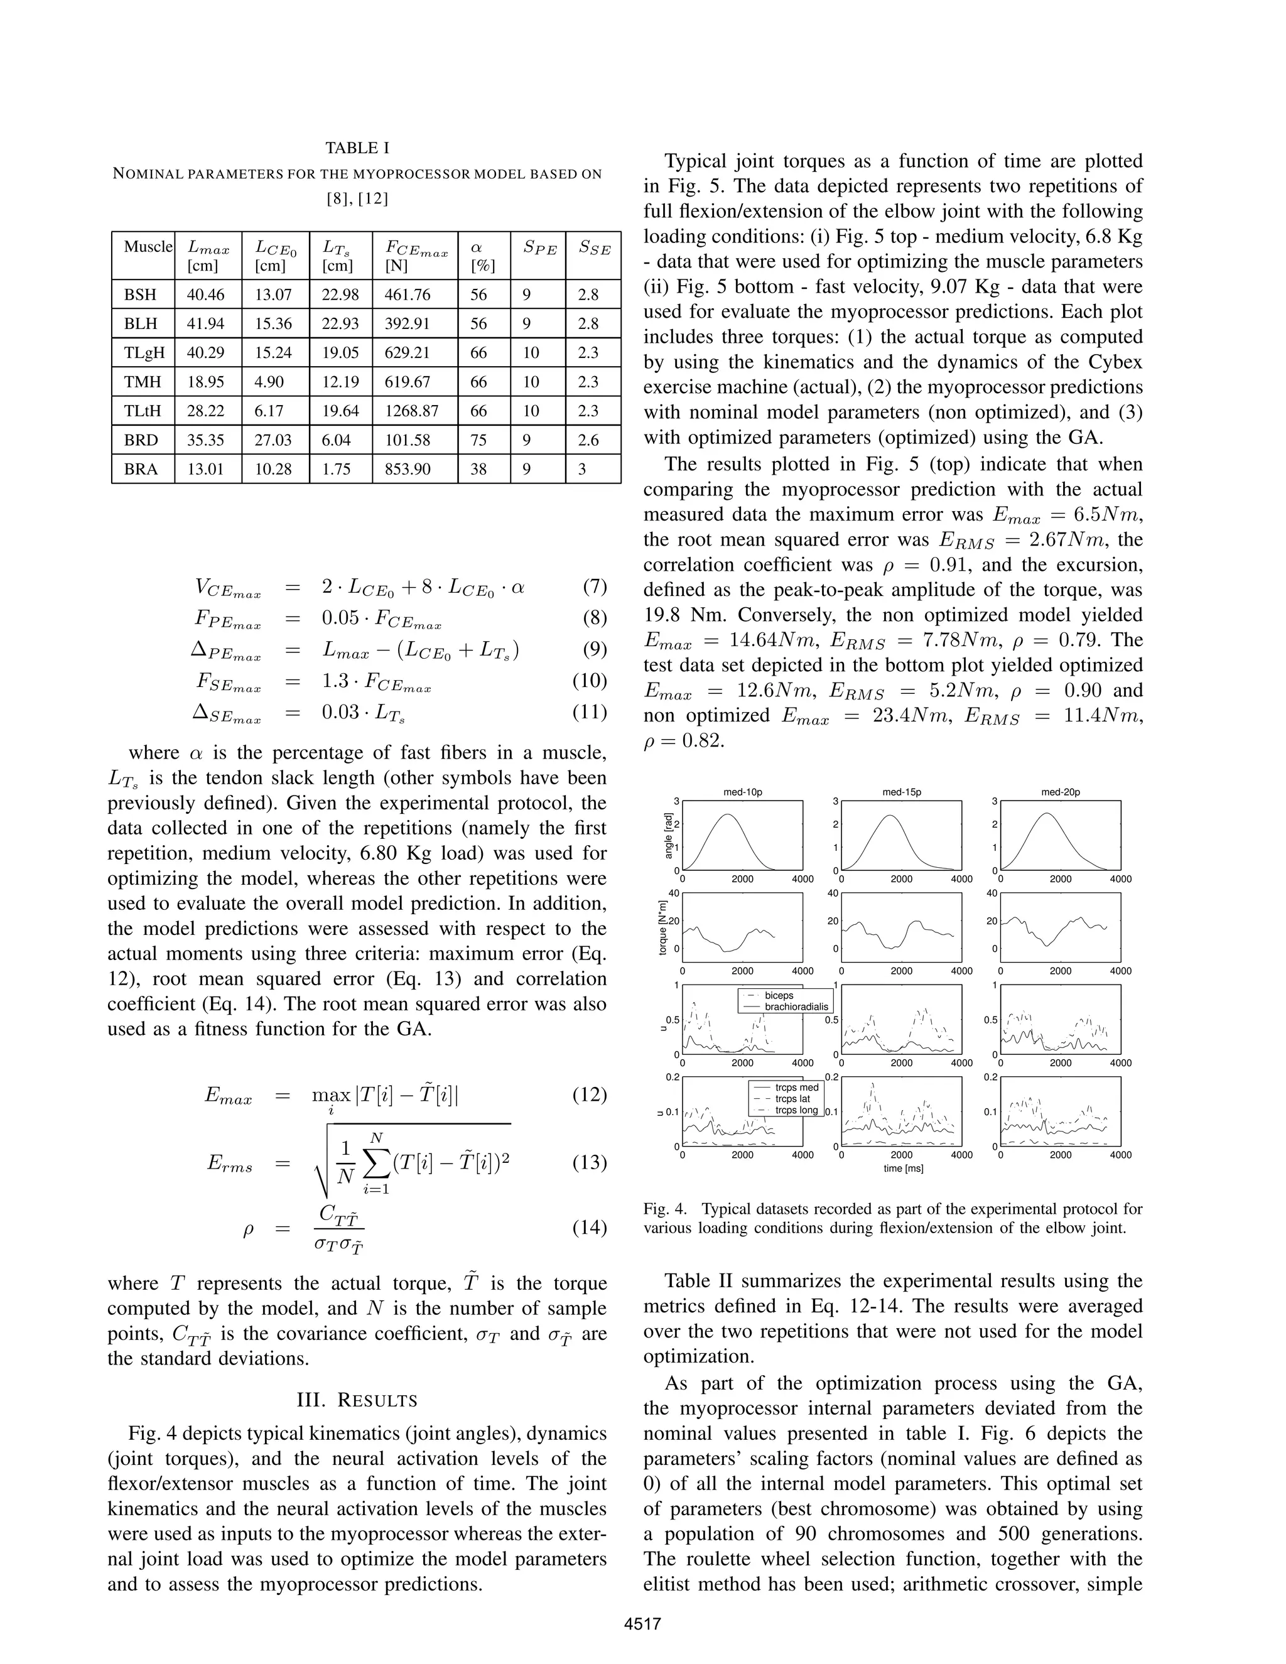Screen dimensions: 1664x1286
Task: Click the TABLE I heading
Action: (357, 148)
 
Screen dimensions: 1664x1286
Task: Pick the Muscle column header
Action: (148, 247)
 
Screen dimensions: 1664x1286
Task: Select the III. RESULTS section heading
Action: (357, 1400)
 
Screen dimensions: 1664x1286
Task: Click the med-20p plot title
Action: (1061, 792)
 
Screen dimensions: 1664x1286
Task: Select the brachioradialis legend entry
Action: (796, 1007)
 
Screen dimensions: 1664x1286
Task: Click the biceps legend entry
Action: (779, 995)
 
